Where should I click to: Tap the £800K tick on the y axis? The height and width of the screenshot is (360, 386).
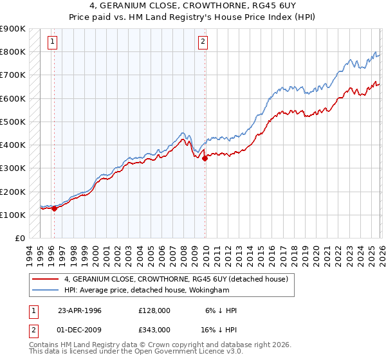pyautogui.click(x=13, y=51)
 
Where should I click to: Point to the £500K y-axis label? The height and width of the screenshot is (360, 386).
pyautogui.click(x=13, y=122)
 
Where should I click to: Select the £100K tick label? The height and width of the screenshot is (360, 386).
pyautogui.click(x=13, y=215)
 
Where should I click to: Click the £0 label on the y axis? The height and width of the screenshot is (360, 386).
pyautogui.click(x=19, y=238)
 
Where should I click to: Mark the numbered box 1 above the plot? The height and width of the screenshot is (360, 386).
pyautogui.click(x=52, y=42)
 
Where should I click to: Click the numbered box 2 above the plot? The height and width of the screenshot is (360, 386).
pyautogui.click(x=203, y=42)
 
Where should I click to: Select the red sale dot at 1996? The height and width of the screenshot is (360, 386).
pyautogui.click(x=55, y=208)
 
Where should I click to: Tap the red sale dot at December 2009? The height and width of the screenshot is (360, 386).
pyautogui.click(x=205, y=158)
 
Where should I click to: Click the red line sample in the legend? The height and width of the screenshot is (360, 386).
pyautogui.click(x=46, y=279)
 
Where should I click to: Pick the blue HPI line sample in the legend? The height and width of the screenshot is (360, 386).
pyautogui.click(x=46, y=290)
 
